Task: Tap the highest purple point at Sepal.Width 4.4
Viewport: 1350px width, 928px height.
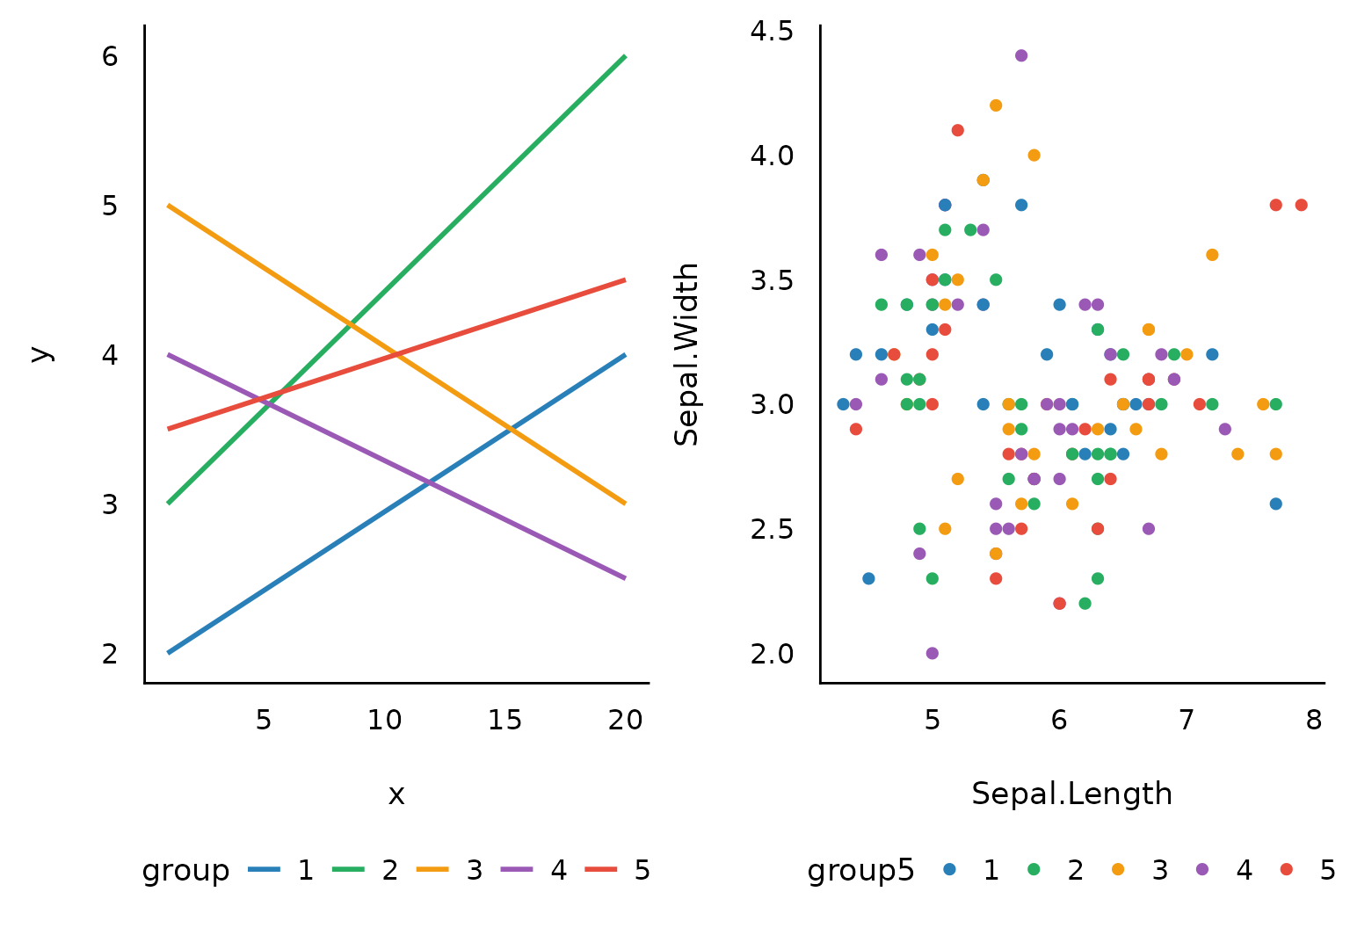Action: point(1021,55)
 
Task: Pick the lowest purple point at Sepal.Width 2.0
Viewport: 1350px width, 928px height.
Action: point(933,653)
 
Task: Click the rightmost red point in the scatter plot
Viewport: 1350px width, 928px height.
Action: point(1302,205)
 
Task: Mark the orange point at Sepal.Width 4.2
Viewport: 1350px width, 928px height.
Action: point(996,105)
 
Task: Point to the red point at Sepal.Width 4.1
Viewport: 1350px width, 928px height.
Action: point(958,130)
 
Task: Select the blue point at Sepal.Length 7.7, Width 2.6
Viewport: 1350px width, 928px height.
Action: point(1276,504)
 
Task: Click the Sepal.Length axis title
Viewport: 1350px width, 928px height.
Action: point(1071,794)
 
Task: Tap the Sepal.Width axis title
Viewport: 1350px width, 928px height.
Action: point(686,354)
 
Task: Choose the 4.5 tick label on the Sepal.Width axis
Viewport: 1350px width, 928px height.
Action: point(772,32)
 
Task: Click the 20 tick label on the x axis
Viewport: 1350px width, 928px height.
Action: point(626,721)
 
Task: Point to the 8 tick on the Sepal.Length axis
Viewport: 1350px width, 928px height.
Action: point(1314,721)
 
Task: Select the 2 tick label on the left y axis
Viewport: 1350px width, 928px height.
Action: point(110,654)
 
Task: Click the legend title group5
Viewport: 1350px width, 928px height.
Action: point(861,870)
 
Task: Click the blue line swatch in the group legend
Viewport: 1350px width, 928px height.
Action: point(264,870)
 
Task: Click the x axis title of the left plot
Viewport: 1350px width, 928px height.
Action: point(396,794)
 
